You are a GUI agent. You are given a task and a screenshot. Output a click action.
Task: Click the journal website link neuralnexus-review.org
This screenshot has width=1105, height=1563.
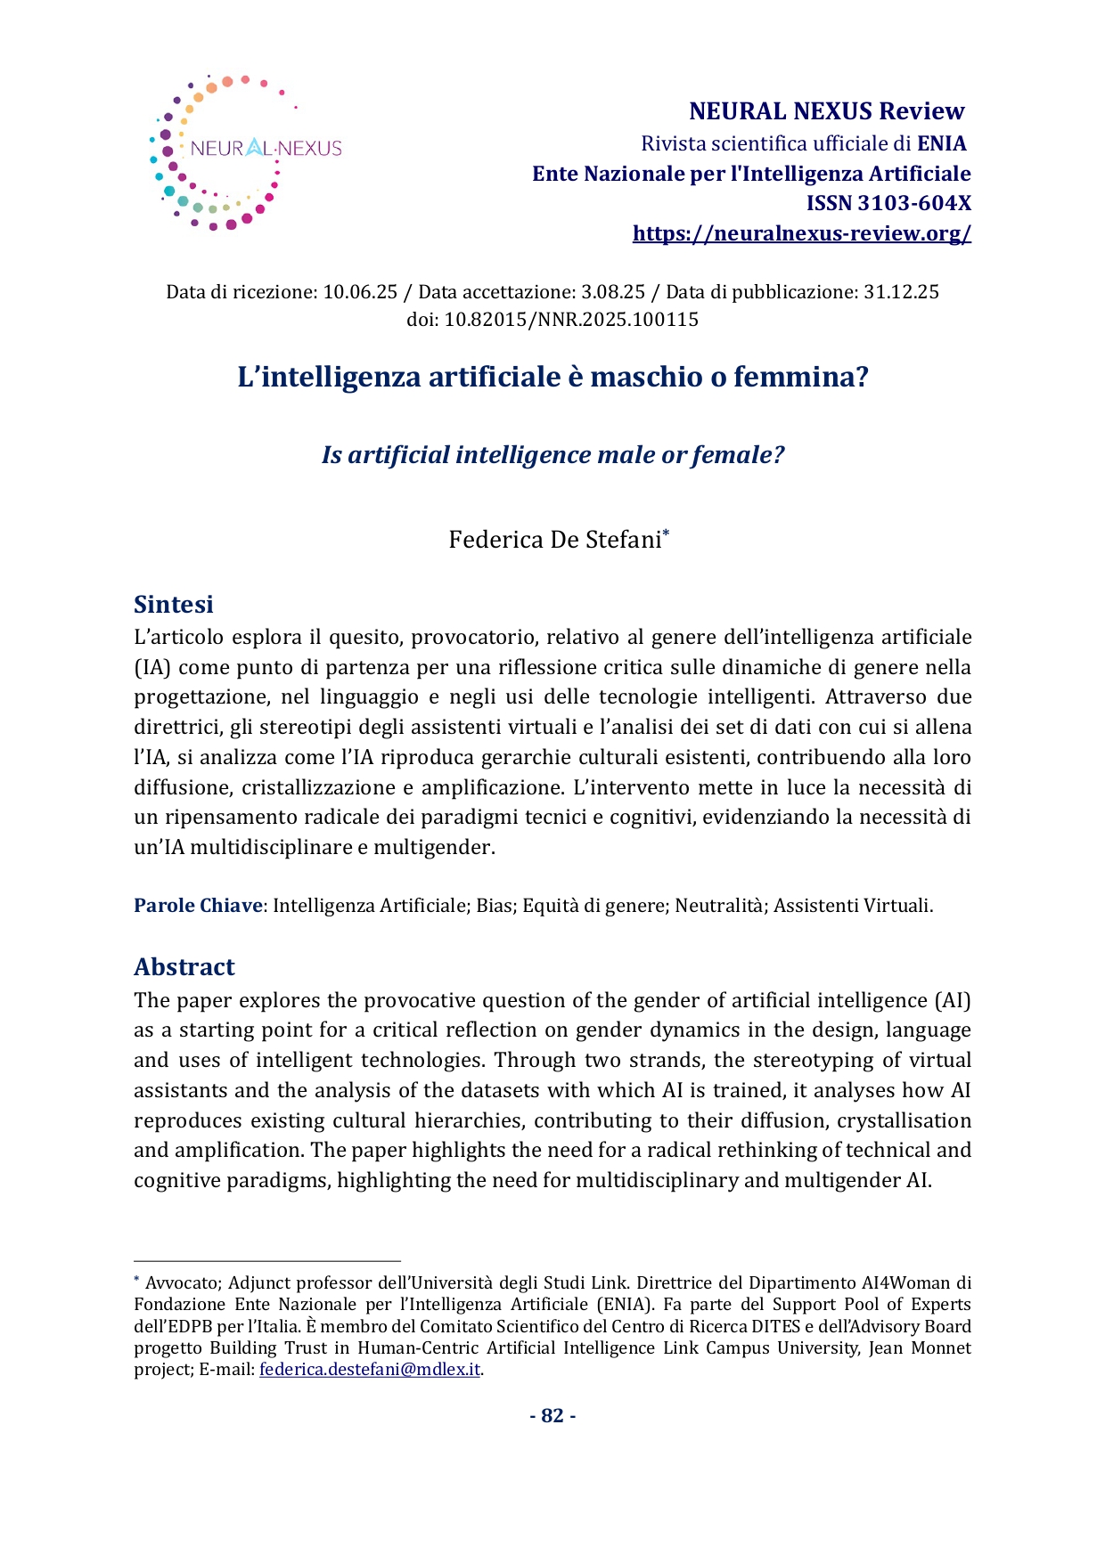point(801,233)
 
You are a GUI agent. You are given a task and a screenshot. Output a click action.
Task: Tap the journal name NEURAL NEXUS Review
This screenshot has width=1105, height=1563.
point(826,111)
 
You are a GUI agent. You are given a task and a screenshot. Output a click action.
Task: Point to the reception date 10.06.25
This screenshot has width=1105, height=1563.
point(360,292)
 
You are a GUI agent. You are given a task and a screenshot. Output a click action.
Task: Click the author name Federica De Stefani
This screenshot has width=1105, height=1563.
point(554,540)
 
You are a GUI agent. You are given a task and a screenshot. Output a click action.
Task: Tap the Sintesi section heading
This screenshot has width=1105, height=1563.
point(174,604)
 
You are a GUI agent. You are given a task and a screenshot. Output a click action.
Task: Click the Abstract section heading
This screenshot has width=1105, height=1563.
point(184,966)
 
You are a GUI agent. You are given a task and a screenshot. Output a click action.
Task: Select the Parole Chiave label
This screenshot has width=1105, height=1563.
point(198,906)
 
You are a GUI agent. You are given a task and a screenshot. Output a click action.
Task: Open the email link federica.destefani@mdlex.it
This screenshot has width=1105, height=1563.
point(369,1370)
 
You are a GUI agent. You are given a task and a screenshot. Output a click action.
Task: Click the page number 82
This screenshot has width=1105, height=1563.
point(552,1416)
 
